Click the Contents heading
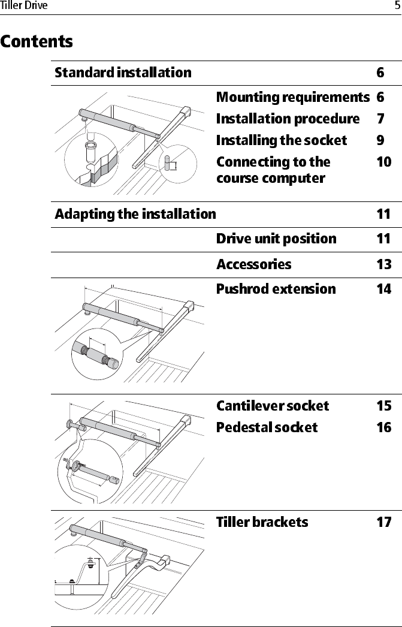[37, 43]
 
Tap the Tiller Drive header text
[24, 6]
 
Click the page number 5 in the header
[397, 6]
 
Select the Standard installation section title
[123, 73]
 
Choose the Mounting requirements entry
[292, 97]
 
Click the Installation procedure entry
[288, 119]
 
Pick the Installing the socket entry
[281, 140]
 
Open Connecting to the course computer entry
[273, 170]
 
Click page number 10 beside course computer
[384, 162]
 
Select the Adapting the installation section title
[135, 214]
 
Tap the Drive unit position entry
[276, 239]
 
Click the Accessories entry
[254, 264]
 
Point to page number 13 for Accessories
[384, 264]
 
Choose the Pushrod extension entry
[276, 289]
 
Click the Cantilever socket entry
[273, 406]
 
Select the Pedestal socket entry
[267, 427]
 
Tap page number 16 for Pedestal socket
[384, 427]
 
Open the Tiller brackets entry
[262, 522]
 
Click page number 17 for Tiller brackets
[384, 522]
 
